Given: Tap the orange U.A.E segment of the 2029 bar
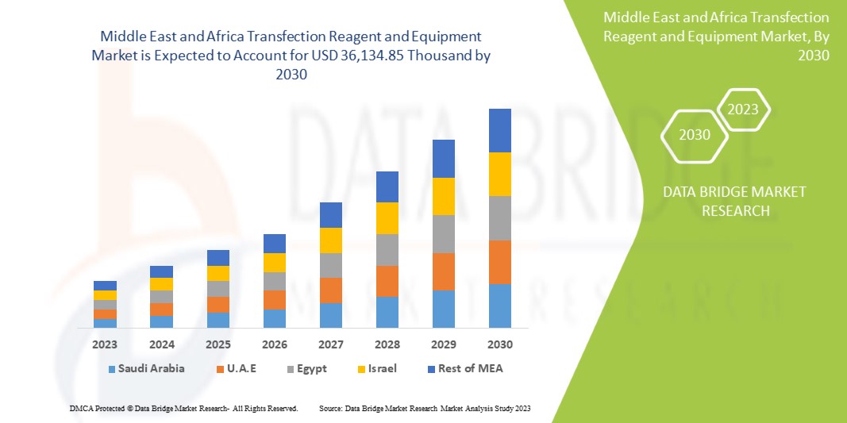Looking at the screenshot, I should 443,271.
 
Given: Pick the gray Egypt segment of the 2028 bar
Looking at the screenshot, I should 387,249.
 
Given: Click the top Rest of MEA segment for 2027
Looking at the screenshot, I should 330,214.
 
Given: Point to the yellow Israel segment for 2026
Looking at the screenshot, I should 274,262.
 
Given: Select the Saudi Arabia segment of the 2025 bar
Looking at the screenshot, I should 218,320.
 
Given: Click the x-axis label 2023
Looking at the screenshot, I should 105,345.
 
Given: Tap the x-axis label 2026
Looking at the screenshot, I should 274,345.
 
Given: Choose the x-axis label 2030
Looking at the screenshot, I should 499,345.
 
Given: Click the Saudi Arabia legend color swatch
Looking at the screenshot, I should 112,369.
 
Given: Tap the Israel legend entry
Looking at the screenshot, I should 375,368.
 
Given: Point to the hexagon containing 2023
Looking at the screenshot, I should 743,110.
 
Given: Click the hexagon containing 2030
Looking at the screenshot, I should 694,135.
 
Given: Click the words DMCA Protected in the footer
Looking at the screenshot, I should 95,408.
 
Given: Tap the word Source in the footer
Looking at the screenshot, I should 329,408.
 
